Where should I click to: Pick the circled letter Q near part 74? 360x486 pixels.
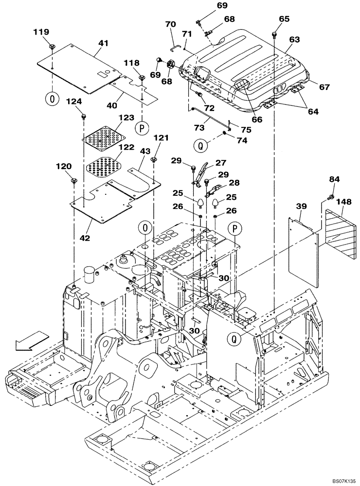(199, 144)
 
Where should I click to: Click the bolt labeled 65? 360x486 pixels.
(275, 34)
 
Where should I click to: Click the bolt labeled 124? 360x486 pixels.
(84, 116)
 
